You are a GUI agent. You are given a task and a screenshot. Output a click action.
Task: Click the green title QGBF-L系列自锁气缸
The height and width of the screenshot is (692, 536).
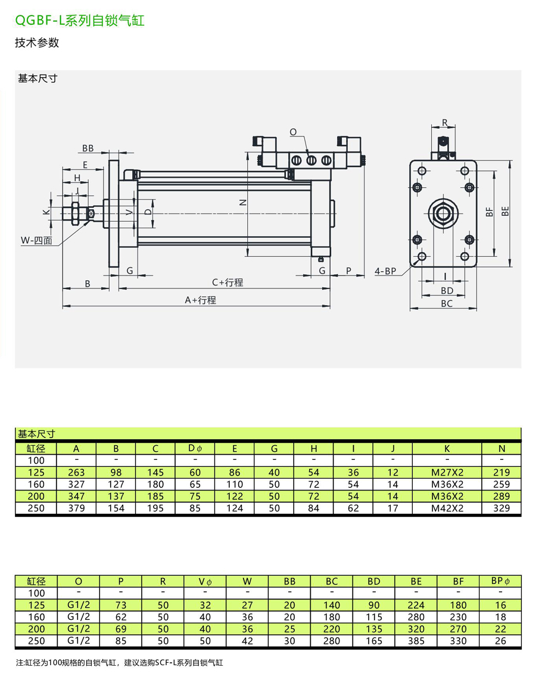point(80,21)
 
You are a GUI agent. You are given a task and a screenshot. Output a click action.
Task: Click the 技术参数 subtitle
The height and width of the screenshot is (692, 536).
point(37,43)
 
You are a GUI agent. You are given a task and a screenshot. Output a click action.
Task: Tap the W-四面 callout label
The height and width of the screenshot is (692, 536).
point(36,241)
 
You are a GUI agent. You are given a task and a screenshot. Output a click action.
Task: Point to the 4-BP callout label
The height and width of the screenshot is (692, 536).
point(385,271)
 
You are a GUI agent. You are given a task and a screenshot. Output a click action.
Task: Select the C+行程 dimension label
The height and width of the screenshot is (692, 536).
point(228,283)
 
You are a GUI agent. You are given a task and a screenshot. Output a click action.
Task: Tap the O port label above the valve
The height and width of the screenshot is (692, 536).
point(293,131)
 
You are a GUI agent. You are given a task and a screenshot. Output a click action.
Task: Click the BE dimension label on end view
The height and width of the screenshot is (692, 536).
point(505,211)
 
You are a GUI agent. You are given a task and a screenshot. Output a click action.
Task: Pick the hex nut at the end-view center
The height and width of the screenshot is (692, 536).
point(442,213)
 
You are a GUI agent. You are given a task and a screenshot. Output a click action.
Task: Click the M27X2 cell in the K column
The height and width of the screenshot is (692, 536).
point(447,472)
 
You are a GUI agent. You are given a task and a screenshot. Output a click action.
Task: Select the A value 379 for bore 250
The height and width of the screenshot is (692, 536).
point(76,508)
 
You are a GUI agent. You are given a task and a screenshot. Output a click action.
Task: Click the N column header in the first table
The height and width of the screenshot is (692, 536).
point(501,448)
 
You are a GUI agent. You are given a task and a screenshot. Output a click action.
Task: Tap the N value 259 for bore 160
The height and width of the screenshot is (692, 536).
point(501,484)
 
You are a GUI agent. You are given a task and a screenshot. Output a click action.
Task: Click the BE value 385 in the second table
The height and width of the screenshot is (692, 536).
point(416,641)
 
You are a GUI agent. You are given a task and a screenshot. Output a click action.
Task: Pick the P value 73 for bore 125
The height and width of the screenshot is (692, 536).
point(121,605)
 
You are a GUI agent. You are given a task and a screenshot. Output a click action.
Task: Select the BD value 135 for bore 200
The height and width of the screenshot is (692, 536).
point(374,629)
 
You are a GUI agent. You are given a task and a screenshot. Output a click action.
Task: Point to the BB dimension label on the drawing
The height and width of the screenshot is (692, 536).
point(88,148)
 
